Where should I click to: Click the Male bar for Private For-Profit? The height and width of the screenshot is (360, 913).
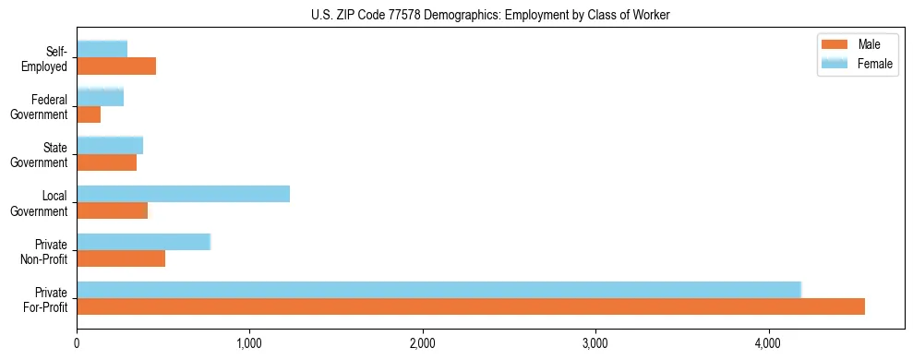pos(471,306)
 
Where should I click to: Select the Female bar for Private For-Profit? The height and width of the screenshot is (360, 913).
pos(438,290)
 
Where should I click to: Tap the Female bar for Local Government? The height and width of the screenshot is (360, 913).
pos(183,194)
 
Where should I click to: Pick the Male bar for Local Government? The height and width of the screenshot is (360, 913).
pos(112,210)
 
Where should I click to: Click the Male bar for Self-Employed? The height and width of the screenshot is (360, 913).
pos(116,66)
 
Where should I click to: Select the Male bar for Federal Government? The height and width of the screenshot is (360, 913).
pos(89,114)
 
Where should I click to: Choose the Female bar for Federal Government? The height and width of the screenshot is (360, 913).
pos(100,98)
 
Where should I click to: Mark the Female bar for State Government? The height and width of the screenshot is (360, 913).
pos(110,146)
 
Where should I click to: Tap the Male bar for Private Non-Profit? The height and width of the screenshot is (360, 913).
pos(121,258)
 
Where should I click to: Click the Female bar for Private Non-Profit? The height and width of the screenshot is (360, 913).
pos(143,242)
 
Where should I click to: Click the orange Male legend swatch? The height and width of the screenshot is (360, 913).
pos(835,45)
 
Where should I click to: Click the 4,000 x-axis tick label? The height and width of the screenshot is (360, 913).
pos(768,344)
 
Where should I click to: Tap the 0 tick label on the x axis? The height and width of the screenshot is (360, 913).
pos(78,344)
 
